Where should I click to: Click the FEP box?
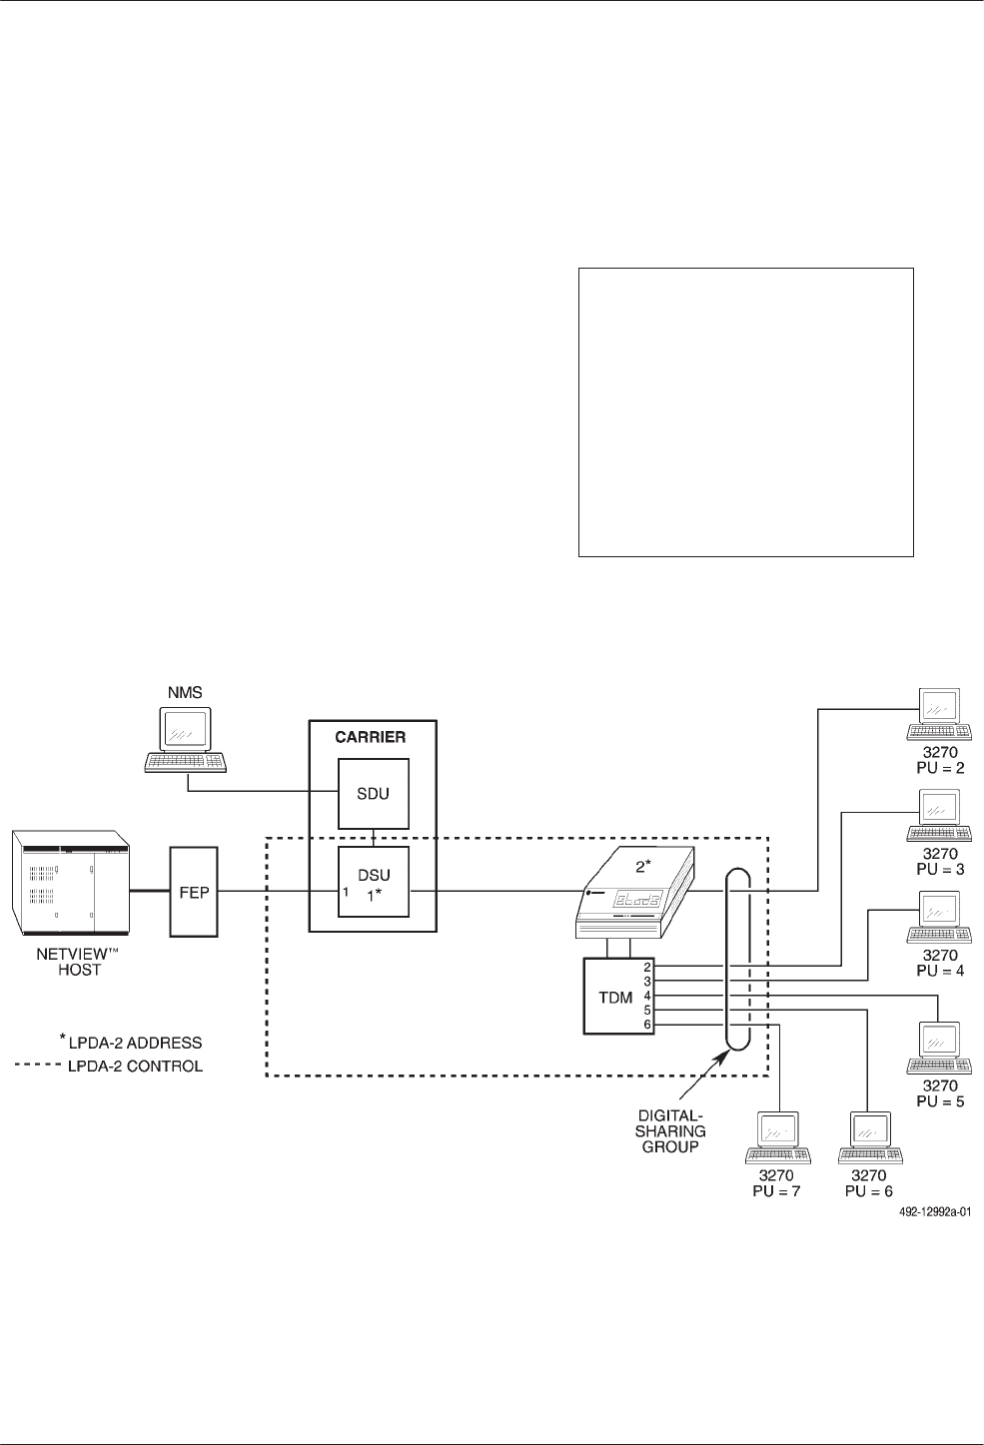(x=194, y=891)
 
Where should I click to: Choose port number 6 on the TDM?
(x=647, y=1025)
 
